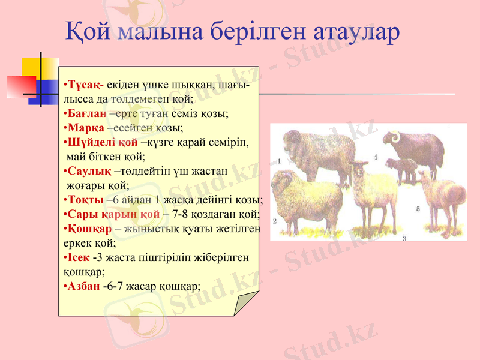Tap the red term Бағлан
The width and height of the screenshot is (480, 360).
[86, 113]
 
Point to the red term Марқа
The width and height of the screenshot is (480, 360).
[85, 128]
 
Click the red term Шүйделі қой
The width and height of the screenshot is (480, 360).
[102, 143]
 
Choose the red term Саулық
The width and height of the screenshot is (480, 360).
[88, 171]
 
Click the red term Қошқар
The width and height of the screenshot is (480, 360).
[89, 229]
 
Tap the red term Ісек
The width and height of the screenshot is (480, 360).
[78, 257]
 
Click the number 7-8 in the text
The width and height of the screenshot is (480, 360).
[181, 214]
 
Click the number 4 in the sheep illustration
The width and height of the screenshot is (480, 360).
[375, 157]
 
